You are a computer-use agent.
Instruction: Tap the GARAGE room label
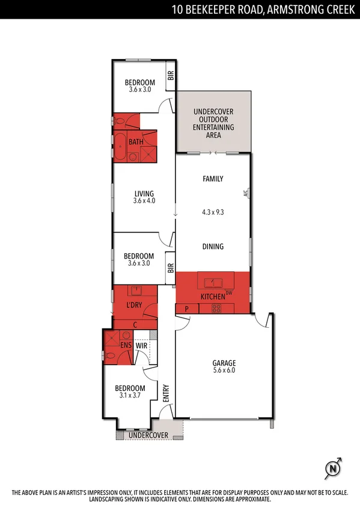(224, 363)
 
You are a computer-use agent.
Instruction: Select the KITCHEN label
(213, 297)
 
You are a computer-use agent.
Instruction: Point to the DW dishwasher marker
(229, 293)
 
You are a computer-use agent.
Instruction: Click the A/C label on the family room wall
(245, 194)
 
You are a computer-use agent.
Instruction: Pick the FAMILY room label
(213, 179)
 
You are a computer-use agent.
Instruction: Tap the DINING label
(213, 246)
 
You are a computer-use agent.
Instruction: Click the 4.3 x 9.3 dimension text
(213, 212)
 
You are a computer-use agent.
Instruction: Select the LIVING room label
(144, 194)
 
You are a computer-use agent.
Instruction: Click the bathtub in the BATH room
(120, 146)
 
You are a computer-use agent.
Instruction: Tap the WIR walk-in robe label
(142, 346)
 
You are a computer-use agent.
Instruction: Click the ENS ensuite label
(126, 346)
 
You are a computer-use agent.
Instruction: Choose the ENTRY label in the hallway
(166, 393)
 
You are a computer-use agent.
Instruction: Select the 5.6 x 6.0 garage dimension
(224, 370)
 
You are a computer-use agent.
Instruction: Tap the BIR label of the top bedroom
(170, 76)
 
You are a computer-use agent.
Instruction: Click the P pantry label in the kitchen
(187, 309)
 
